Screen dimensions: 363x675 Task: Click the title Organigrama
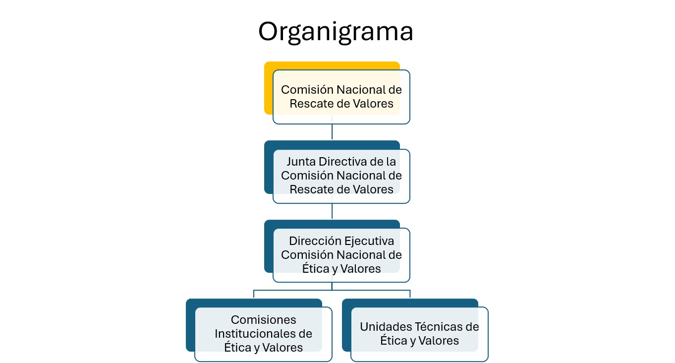pos(336,32)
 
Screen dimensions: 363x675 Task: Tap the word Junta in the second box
pos(301,162)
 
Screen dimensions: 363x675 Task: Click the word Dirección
pos(315,241)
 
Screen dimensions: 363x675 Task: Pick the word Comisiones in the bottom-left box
pos(263,320)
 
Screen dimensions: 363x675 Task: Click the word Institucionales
pos(249,334)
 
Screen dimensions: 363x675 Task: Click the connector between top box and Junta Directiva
pos(332,132)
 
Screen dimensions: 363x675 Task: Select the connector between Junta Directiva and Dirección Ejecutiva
pos(332,211)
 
